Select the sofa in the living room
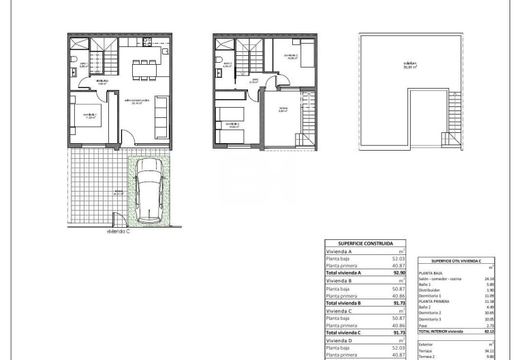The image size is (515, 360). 162,114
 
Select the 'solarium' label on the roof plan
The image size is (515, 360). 410,64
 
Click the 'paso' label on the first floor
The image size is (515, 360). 255,78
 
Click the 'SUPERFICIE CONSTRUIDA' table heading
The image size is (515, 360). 364,243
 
